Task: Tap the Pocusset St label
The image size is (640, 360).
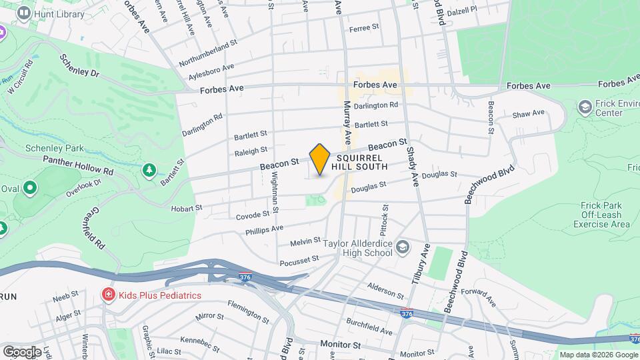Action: pyautogui.click(x=295, y=260)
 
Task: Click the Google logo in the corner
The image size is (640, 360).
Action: pyautogui.click(x=22, y=351)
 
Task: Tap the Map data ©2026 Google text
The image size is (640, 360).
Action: pyautogui.click(x=598, y=355)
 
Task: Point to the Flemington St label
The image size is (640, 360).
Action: pyautogui.click(x=248, y=311)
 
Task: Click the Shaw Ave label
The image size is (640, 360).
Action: pyautogui.click(x=529, y=113)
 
